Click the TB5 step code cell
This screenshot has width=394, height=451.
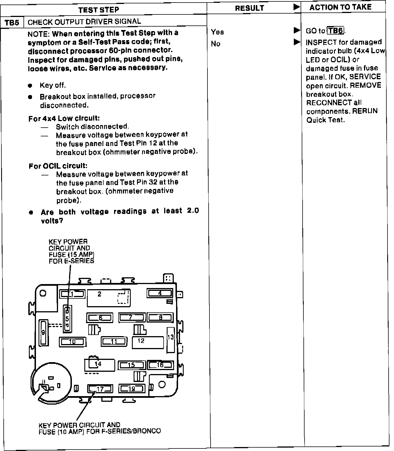click(x=12, y=22)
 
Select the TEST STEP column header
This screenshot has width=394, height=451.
click(x=98, y=10)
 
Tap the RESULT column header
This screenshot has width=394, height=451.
click(x=249, y=8)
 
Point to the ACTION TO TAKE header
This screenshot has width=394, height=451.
click(x=340, y=7)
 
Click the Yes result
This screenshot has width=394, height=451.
click(x=217, y=32)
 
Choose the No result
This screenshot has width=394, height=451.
click(x=216, y=44)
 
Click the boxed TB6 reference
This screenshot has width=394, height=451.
click(x=335, y=31)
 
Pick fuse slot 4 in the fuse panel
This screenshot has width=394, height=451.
click(x=160, y=293)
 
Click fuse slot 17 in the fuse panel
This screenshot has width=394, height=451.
click(x=100, y=389)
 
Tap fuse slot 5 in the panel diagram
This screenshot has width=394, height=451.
click(x=67, y=319)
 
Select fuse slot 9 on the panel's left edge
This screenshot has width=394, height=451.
click(x=43, y=332)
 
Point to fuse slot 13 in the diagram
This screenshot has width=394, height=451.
click(x=171, y=340)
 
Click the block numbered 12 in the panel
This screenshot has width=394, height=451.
click(x=148, y=343)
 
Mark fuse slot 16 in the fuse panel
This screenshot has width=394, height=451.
click(x=160, y=365)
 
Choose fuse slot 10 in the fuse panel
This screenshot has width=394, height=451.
click(x=72, y=342)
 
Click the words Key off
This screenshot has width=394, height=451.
click(x=53, y=85)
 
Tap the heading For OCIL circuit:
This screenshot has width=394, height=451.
click(x=58, y=166)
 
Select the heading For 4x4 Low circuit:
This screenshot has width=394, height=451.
click(x=64, y=119)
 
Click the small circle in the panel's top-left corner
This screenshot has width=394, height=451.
click(x=43, y=293)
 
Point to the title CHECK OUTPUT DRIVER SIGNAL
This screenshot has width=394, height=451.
click(x=84, y=22)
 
